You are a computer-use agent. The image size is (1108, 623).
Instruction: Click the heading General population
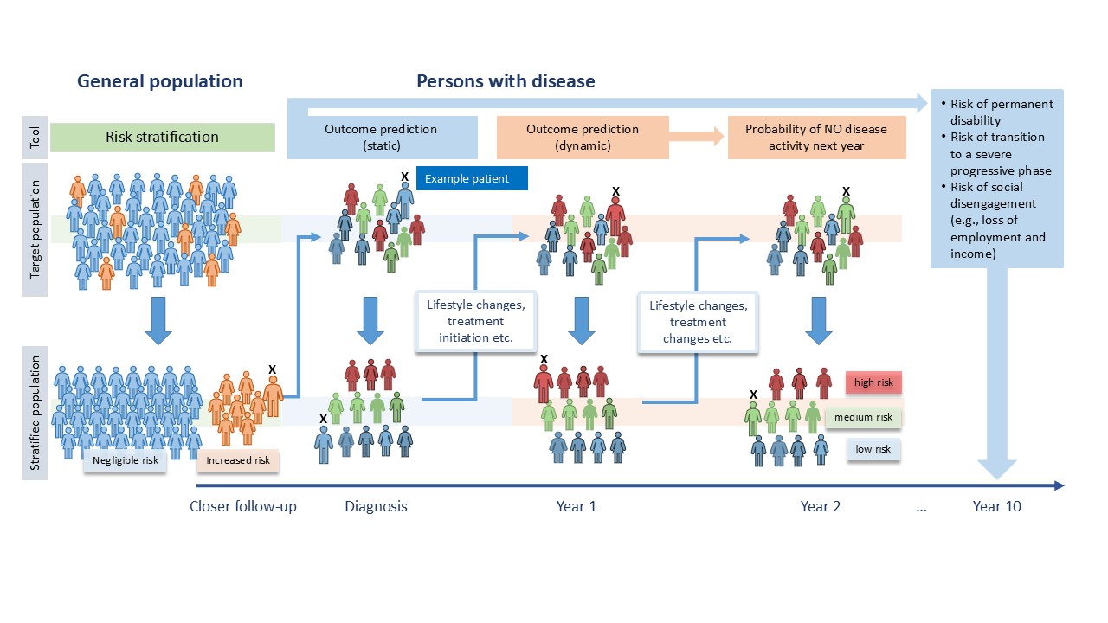(x=160, y=81)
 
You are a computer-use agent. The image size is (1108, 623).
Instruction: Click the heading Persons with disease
(x=506, y=81)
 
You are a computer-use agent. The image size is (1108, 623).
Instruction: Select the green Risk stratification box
(x=163, y=137)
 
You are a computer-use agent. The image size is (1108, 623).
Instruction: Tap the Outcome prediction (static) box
(x=381, y=138)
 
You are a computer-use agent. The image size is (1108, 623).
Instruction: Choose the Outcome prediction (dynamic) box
(x=583, y=138)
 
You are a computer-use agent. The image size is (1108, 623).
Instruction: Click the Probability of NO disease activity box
(x=816, y=138)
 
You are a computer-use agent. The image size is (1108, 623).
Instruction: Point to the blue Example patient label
(x=472, y=179)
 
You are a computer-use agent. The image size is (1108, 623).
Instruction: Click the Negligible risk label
(x=126, y=460)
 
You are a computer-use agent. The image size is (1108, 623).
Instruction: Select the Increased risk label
(x=238, y=460)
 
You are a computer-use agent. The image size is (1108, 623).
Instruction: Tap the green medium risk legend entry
(x=863, y=417)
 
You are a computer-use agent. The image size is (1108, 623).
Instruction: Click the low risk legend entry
(x=873, y=449)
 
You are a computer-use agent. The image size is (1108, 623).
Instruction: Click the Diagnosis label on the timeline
(x=376, y=506)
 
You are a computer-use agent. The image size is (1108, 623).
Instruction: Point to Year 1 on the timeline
(x=576, y=506)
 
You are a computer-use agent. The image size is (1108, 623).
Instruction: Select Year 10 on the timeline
(x=996, y=506)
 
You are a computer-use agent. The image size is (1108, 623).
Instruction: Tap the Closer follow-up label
(x=243, y=506)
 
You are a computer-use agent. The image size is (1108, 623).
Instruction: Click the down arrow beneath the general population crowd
(x=158, y=321)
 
